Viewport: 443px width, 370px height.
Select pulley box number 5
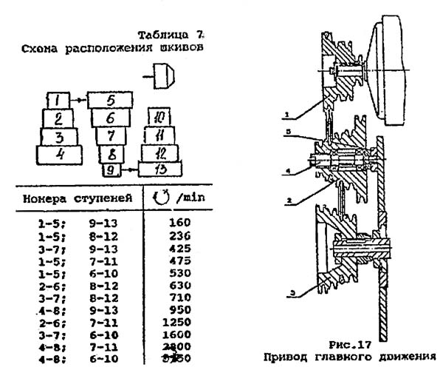110,99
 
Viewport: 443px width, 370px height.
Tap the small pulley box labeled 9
110,170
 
